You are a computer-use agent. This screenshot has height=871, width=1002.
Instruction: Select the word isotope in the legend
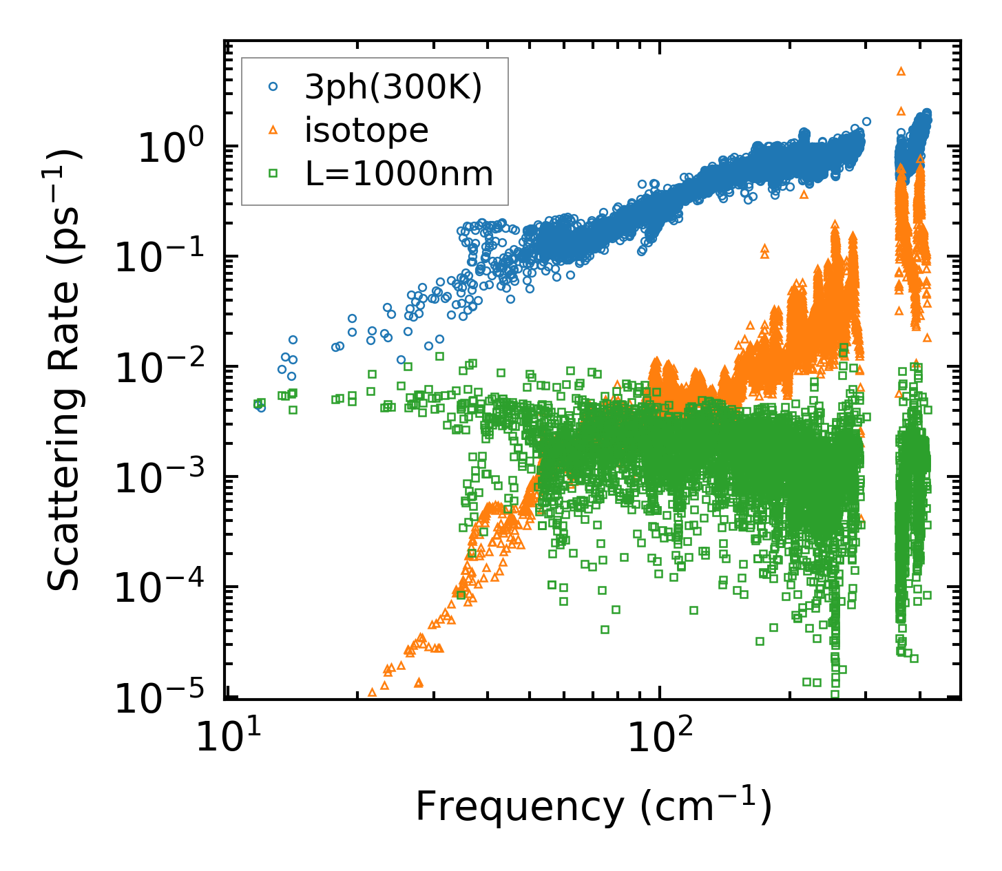[366, 130]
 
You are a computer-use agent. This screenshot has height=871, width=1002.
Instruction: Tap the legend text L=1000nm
[399, 174]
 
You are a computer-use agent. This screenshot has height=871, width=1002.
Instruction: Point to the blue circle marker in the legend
[273, 87]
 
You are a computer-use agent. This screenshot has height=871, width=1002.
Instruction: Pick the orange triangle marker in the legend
[273, 130]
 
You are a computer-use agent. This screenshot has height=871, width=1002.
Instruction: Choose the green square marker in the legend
[273, 174]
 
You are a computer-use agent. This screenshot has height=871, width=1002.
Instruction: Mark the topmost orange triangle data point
[900, 71]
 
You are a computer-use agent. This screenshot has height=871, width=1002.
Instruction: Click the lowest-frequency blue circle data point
[261, 408]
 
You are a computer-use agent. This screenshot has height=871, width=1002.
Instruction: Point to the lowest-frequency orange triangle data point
[373, 691]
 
